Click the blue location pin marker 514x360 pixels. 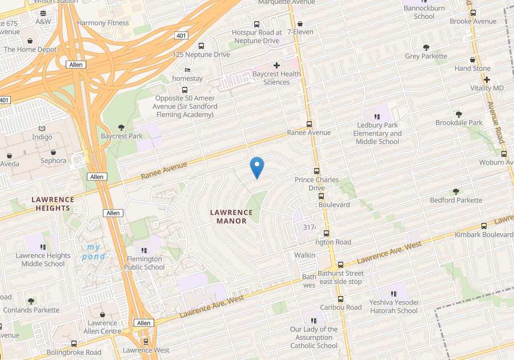pos(257,167)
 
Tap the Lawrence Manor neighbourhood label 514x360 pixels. pos(232,216)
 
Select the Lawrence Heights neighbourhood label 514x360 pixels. pos(53,203)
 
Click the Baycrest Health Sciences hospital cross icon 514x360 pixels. pos(277,66)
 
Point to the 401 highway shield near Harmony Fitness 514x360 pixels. pos(182,35)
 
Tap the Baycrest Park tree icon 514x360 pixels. pos(121,127)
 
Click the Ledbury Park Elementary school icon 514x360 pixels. pos(377,117)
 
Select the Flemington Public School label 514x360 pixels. pos(145,263)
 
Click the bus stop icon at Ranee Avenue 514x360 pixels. pos(310,124)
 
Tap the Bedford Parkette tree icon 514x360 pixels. pos(456,191)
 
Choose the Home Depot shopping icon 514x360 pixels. pos(30,41)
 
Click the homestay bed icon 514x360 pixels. pos(187,70)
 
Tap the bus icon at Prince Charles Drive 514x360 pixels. pos(316,171)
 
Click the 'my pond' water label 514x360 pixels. pos(93,251)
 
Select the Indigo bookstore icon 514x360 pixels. pos(42,129)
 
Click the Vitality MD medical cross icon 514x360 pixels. pos(487,79)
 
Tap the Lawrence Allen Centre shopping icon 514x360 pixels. pos(102,315)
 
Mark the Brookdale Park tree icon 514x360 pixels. pos(459,114)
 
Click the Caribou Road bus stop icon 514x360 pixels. pos(340,299)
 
